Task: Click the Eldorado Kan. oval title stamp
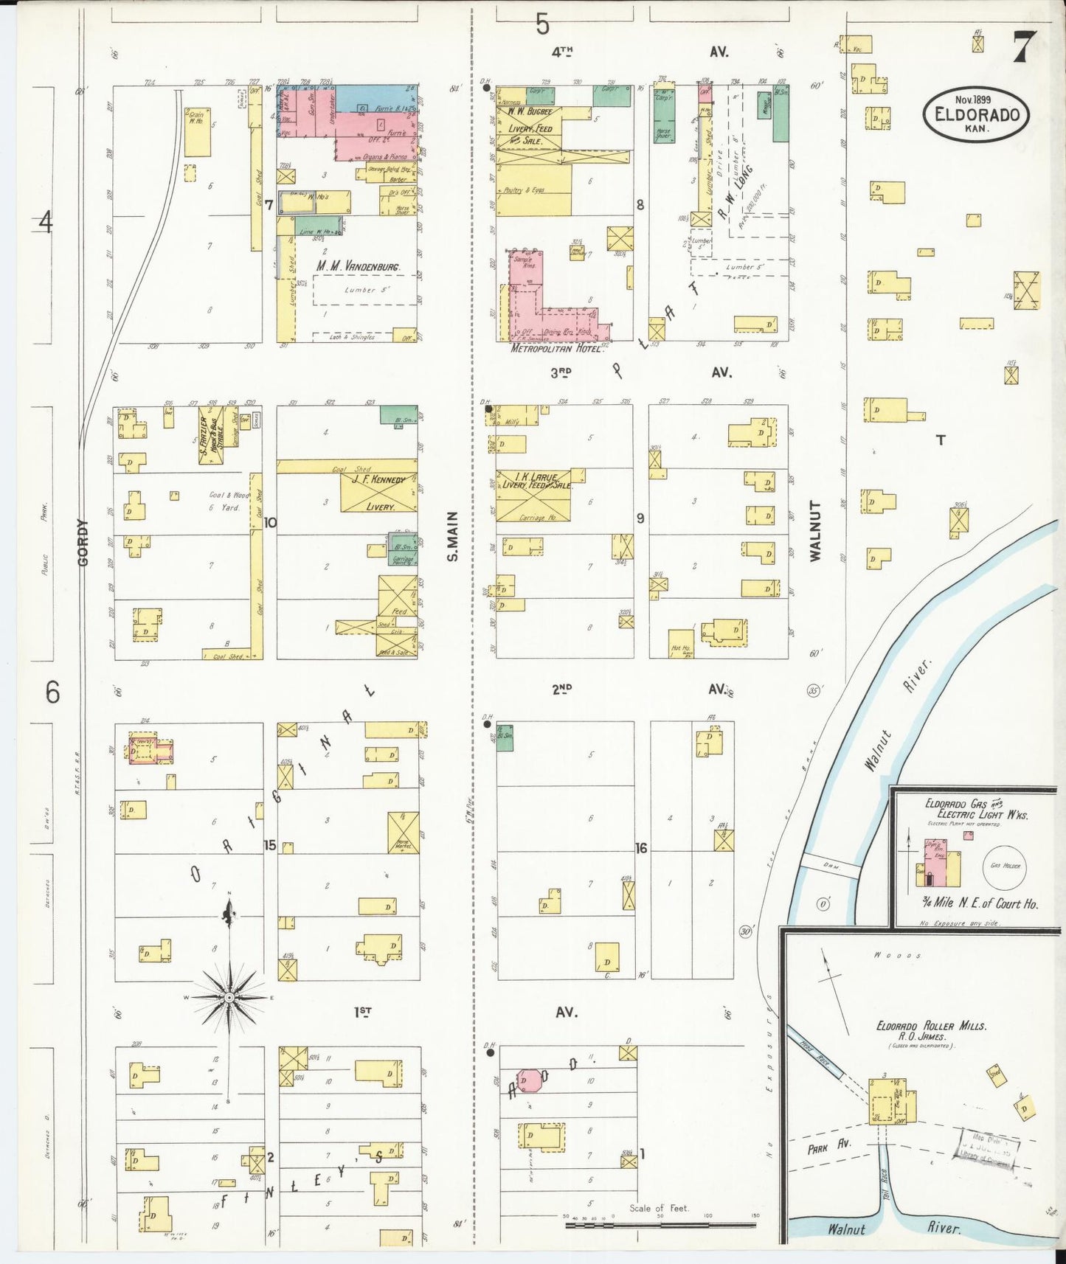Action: [x=976, y=114]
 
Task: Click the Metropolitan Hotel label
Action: [x=556, y=348]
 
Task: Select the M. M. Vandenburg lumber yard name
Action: [x=359, y=266]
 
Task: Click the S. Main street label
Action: [x=453, y=536]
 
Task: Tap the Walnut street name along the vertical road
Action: [x=815, y=531]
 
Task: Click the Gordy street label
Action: [x=83, y=542]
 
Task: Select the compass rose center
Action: [x=229, y=997]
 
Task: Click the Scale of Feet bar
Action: [x=660, y=1225]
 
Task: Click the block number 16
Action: [x=641, y=849]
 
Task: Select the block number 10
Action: [x=270, y=523]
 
